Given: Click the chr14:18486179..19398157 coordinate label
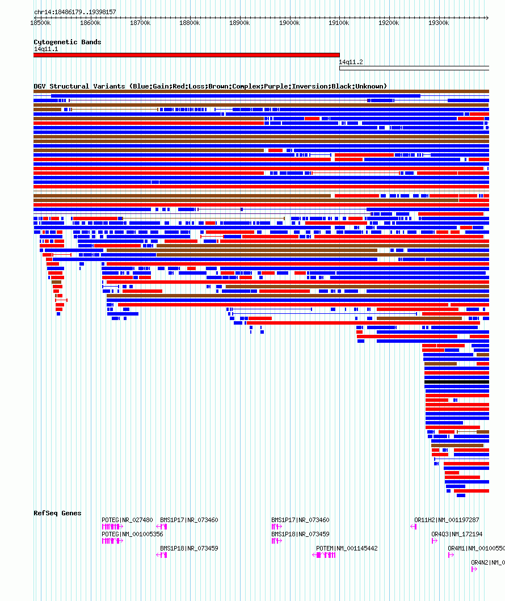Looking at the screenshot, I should (75, 12).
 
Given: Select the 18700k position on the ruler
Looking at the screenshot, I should (140, 23).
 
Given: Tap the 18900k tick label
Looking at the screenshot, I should (239, 23).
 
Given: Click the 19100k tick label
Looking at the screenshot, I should (339, 23).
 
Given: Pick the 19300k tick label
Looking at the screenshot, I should (439, 23).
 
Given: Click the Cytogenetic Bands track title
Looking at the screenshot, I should (67, 42).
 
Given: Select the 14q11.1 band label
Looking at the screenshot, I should (46, 49).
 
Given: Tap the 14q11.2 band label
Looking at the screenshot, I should (351, 62).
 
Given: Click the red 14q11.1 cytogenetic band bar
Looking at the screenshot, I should (186, 55).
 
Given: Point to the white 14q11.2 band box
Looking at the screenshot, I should (414, 68).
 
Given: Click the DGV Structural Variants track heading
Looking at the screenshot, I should (210, 86).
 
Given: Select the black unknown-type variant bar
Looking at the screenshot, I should (456, 382).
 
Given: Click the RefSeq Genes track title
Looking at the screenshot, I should (57, 513).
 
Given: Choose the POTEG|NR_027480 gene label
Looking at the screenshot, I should (127, 520).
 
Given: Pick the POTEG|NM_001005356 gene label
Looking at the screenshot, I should (132, 534).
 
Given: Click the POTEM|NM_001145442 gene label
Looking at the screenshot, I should (347, 548).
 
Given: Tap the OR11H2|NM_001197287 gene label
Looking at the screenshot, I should (447, 520).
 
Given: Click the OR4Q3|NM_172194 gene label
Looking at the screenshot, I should (457, 534).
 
